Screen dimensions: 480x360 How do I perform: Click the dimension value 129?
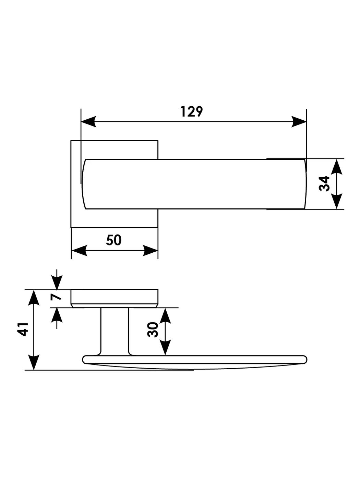click(x=192, y=112)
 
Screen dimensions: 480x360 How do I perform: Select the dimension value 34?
click(x=324, y=183)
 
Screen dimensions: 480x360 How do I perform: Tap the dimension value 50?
click(x=114, y=240)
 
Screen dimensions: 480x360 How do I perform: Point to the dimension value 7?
click(x=56, y=295)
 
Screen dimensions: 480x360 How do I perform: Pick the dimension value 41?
click(x=23, y=329)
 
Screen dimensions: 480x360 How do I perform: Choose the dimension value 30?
click(x=153, y=330)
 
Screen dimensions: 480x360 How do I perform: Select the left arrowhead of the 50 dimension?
click(x=79, y=251)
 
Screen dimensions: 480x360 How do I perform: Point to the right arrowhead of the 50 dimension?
click(x=151, y=251)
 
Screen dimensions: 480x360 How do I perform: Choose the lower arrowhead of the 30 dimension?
click(x=165, y=348)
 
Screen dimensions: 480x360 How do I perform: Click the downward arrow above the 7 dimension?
click(x=57, y=282)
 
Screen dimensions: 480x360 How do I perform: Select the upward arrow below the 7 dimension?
click(x=57, y=315)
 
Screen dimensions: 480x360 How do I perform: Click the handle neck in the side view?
click(x=115, y=331)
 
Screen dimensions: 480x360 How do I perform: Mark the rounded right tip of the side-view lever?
click(x=304, y=359)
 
